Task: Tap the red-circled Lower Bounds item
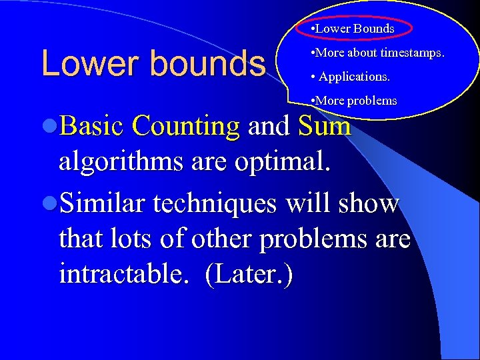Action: pos(354,29)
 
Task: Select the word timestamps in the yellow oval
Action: pos(412,53)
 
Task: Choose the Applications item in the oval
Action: pos(353,77)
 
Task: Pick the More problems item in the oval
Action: pos(353,101)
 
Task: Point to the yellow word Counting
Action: pos(185,126)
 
